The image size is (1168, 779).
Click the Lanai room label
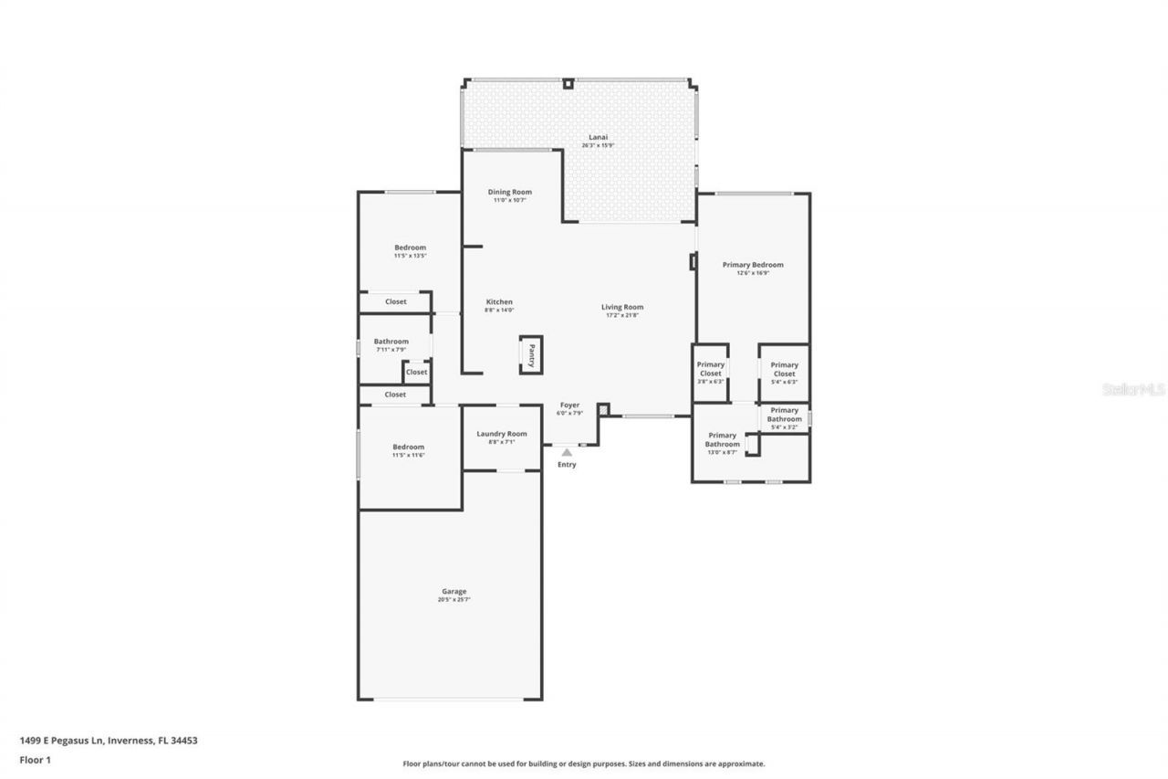tap(599, 138)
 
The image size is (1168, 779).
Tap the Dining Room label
tap(509, 193)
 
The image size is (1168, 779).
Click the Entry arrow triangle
tap(567, 451)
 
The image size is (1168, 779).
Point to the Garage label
tap(454, 592)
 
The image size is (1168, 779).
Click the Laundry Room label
tap(502, 434)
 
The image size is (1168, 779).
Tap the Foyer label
tap(569, 405)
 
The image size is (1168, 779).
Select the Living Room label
tap(622, 308)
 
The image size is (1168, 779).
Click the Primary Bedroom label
tap(753, 265)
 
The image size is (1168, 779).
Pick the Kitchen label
tap(499, 302)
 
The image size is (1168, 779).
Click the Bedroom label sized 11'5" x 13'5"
tap(410, 247)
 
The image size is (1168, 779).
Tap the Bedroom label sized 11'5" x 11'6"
tap(409, 447)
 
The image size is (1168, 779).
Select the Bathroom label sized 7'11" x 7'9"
tap(391, 342)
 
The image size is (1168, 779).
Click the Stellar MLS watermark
tap(1133, 389)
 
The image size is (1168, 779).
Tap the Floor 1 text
tap(36, 759)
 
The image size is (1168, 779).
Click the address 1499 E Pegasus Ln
tap(108, 741)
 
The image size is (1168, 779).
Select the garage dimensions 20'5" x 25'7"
tap(454, 600)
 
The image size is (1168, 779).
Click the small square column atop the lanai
tap(568, 84)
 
